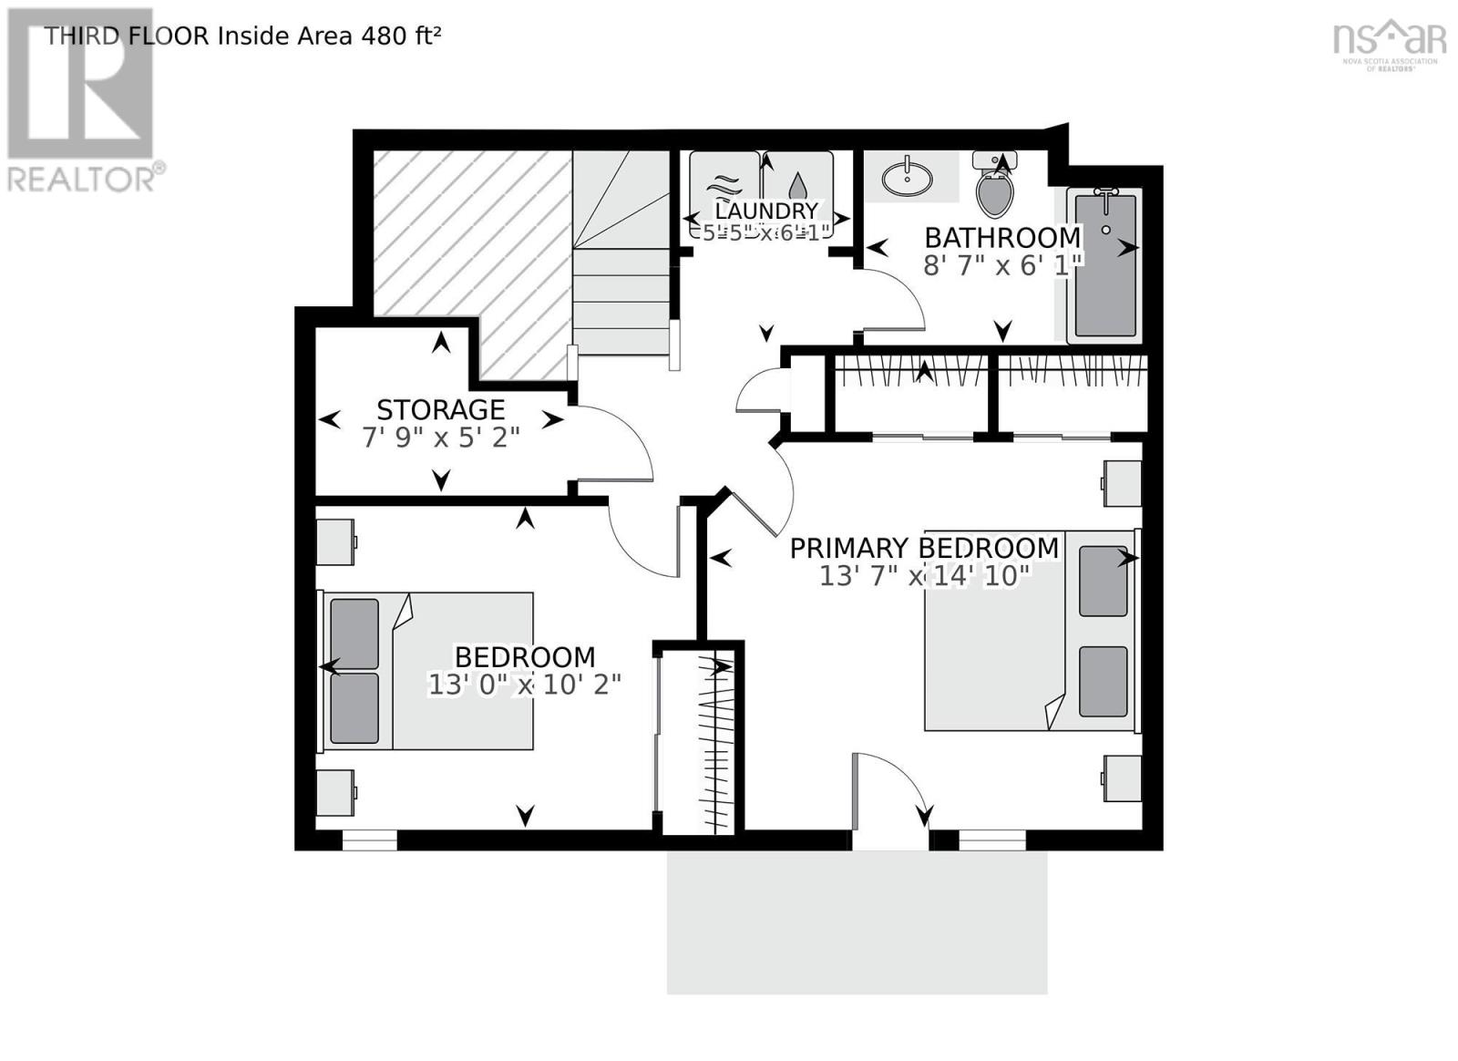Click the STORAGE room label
coord(440,409)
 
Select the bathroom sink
coord(907,177)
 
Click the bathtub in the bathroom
coord(1104,264)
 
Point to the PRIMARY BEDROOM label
coord(923,548)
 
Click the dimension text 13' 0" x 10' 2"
coord(524,685)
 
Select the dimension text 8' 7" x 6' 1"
coord(1002,265)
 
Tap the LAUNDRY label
coord(765,211)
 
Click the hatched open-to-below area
coord(469,237)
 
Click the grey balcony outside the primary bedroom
coord(857,921)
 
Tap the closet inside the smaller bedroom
coord(697,738)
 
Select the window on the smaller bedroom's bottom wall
coord(369,840)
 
